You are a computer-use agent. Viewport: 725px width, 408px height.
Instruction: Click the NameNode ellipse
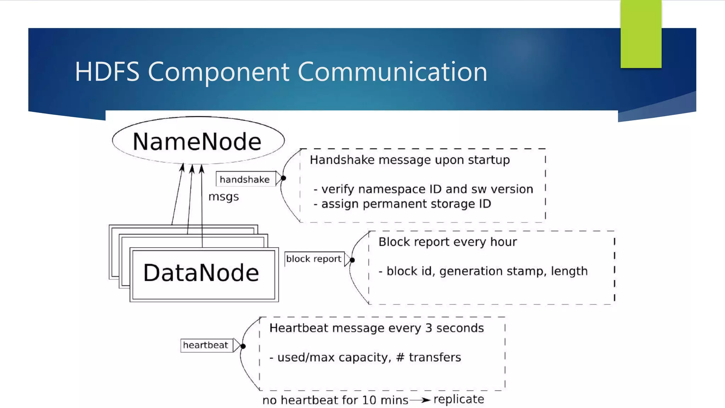pos(198,141)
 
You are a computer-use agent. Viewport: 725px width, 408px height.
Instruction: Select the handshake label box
pos(245,179)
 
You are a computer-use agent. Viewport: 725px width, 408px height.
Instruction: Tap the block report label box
pos(314,259)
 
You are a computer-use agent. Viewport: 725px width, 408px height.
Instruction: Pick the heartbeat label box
pos(206,345)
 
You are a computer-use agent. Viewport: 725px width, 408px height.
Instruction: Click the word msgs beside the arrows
pos(223,197)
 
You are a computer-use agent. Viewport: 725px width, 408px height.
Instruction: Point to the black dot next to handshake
pos(283,178)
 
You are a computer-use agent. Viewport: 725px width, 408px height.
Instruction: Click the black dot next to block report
pos(352,260)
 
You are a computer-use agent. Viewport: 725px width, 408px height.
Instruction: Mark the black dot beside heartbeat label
pos(243,346)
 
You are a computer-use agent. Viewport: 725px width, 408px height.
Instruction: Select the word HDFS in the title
pos(107,72)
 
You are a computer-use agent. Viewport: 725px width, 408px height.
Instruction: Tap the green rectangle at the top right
pos(641,34)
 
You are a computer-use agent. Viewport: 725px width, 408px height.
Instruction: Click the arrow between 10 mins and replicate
pos(421,400)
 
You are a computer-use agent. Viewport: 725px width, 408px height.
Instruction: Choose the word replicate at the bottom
pos(458,399)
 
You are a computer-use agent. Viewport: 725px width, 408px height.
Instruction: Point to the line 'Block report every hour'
pos(447,242)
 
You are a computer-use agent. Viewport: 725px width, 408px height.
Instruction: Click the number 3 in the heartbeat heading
pos(429,328)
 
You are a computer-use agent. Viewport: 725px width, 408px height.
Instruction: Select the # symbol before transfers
pos(400,357)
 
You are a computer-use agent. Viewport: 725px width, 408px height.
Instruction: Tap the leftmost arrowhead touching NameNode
pos(182,167)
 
